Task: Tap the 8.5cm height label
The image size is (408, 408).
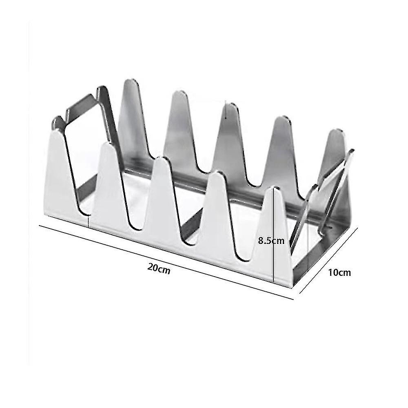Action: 271,240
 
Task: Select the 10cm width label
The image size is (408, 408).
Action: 339,272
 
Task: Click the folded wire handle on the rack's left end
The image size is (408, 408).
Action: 82,118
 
